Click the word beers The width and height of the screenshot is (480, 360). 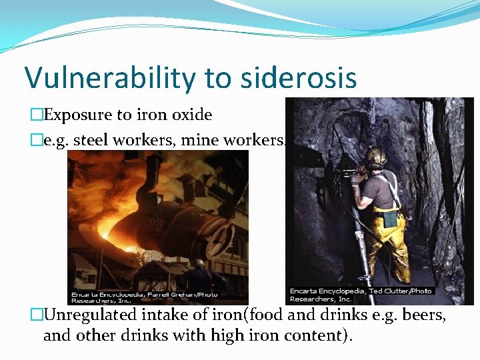point(421,315)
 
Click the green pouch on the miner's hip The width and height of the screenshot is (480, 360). point(390,218)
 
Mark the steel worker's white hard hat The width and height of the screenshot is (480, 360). point(198,262)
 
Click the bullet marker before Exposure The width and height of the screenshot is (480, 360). point(36,115)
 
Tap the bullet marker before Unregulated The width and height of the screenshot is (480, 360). point(36,315)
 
